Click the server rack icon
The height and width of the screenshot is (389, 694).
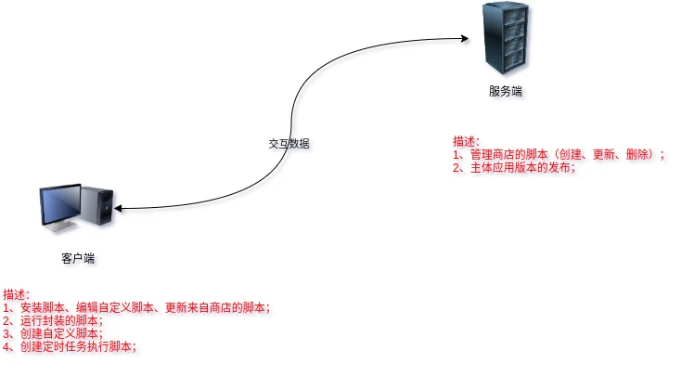[506, 38]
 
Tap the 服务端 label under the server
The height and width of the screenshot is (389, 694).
[506, 91]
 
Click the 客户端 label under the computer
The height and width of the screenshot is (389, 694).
[78, 258]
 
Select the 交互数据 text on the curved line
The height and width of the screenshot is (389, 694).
[289, 144]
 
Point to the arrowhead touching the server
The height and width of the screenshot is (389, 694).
[465, 39]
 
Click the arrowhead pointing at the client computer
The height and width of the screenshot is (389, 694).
[118, 208]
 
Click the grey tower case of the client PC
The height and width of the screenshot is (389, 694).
[97, 204]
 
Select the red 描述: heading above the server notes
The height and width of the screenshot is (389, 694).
[466, 142]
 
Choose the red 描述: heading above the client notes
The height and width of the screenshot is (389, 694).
[17, 294]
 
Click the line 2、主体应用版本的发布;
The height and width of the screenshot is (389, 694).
[514, 167]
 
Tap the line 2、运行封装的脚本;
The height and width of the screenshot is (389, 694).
[53, 320]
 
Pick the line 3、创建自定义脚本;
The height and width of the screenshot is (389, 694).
[53, 333]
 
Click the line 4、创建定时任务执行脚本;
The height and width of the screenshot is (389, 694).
[70, 346]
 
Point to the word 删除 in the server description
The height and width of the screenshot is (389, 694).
[636, 155]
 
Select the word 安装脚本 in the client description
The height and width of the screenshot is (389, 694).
[43, 307]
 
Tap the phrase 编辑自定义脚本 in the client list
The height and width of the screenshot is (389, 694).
[115, 307]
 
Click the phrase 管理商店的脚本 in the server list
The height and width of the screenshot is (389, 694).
[509, 155]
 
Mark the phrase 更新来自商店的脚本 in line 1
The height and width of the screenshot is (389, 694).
[215, 307]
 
